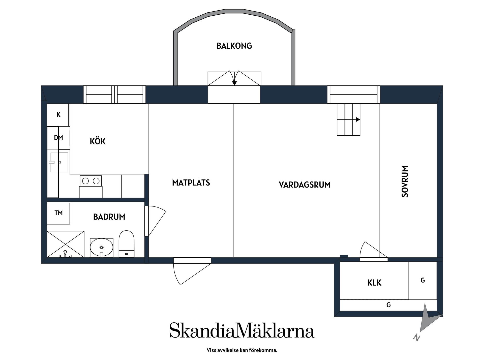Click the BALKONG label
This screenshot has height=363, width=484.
[x=234, y=46]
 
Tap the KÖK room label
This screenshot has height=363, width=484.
[x=98, y=141]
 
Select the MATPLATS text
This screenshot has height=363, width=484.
[x=191, y=183]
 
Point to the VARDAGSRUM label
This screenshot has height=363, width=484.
[x=305, y=185]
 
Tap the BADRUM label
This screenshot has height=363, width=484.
[x=109, y=217]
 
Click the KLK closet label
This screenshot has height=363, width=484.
[x=374, y=283]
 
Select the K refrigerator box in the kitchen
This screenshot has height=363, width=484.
[x=58, y=115]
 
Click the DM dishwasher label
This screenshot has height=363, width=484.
[x=58, y=138]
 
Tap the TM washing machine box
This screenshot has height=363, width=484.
[x=58, y=213]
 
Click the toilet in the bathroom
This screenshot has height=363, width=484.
[x=127, y=243]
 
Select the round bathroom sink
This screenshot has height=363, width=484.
[x=101, y=247]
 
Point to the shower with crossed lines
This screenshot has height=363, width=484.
[x=66, y=244]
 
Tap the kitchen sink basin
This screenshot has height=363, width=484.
[x=59, y=162]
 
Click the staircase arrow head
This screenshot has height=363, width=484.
[x=358, y=119]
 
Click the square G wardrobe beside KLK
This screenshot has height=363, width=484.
[x=422, y=280]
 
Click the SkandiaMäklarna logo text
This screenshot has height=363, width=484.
[x=242, y=330]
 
